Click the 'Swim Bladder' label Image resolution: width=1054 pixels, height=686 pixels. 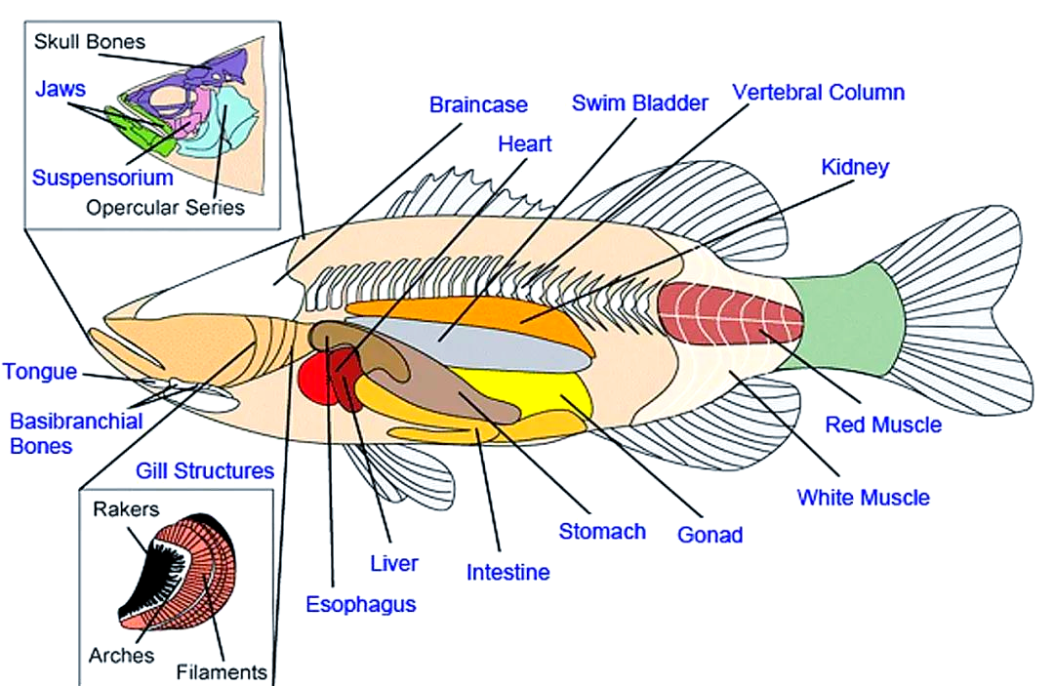639,103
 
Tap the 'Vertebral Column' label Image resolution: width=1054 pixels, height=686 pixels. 818,93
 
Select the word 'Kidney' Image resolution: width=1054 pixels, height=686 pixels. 855,167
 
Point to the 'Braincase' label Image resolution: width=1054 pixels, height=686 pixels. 478,104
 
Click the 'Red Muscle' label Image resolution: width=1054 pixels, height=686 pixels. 883,424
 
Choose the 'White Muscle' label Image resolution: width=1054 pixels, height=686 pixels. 863,498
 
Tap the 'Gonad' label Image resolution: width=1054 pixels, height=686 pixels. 710,535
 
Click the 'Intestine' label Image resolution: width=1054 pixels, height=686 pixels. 507,572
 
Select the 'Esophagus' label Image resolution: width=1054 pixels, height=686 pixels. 360,604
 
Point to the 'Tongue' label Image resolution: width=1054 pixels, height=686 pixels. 39,372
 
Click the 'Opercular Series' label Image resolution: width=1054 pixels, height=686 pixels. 165,208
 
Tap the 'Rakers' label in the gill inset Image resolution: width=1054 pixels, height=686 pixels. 126,508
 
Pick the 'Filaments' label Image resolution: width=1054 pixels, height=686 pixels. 222,671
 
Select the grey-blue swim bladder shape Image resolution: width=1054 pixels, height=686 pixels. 488,346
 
